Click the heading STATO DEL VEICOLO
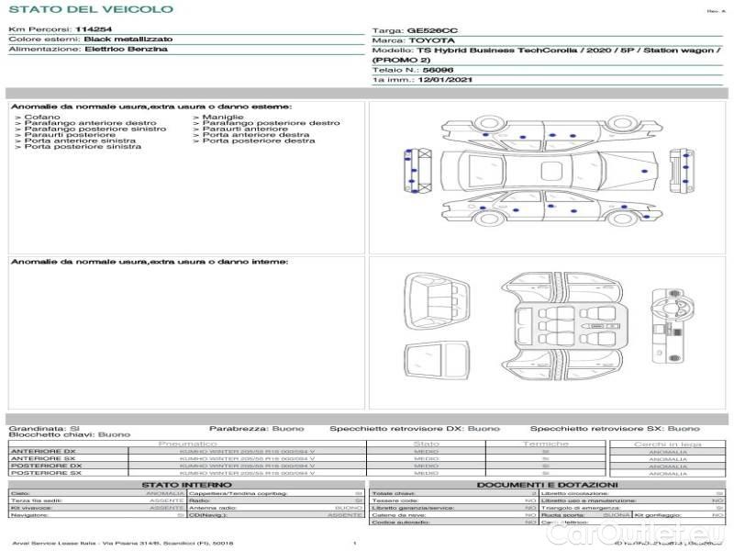91,9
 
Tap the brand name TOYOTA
430,41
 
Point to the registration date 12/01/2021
437,81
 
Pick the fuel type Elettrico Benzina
126,49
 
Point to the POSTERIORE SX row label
45,473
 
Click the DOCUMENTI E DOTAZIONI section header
547,484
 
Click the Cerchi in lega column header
667,444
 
